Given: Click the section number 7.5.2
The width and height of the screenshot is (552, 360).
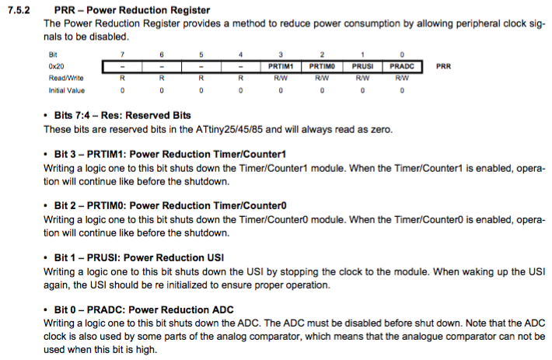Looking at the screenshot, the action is (19, 10).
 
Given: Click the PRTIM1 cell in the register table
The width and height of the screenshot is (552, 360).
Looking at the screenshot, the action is (281, 67).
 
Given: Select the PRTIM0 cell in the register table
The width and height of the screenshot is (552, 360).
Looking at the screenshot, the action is (322, 67).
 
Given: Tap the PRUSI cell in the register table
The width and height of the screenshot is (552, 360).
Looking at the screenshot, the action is (362, 67).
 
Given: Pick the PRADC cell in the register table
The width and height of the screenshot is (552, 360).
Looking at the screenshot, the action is (402, 67).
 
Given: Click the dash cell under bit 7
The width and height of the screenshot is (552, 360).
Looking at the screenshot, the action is (122, 67).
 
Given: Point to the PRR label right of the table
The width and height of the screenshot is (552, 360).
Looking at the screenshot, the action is (444, 67).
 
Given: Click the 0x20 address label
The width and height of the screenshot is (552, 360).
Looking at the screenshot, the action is (56, 67).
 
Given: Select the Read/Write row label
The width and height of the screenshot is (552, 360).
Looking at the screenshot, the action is (66, 78).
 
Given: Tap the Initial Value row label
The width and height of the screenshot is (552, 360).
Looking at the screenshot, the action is (67, 90).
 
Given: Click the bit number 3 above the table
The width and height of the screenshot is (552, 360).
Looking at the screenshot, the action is (281, 54).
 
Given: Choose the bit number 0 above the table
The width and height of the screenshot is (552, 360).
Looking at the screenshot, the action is (402, 54).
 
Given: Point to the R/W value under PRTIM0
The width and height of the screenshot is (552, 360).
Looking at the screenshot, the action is (322, 78).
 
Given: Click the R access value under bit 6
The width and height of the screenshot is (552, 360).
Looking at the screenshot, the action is (162, 78).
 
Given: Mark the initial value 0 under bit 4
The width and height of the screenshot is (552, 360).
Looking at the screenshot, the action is (240, 90).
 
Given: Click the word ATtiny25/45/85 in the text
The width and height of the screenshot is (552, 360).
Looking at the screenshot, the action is (229, 130).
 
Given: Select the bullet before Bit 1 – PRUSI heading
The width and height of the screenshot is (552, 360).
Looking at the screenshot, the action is (45, 258).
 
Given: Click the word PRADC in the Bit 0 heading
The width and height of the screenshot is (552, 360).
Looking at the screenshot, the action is (106, 309).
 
